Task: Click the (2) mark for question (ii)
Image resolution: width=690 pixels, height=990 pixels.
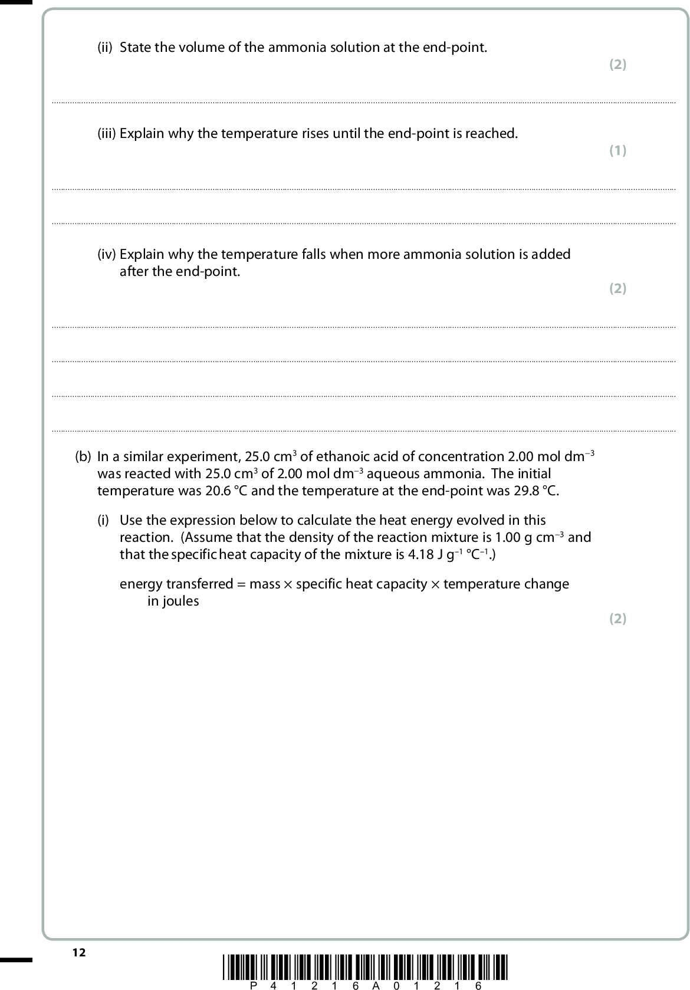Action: (617, 64)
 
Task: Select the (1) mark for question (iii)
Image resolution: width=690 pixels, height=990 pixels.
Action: (617, 150)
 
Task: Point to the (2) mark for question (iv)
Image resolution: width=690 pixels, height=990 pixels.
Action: (617, 288)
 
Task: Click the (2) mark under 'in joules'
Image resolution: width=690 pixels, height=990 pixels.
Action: (617, 619)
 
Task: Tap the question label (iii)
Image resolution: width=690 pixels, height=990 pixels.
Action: (107, 134)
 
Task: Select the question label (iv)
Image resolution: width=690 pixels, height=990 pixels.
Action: (107, 255)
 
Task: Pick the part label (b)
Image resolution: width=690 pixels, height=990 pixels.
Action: (83, 457)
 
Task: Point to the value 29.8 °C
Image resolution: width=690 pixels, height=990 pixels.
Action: (532, 491)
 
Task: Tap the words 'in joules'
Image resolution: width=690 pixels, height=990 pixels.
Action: (173, 601)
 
